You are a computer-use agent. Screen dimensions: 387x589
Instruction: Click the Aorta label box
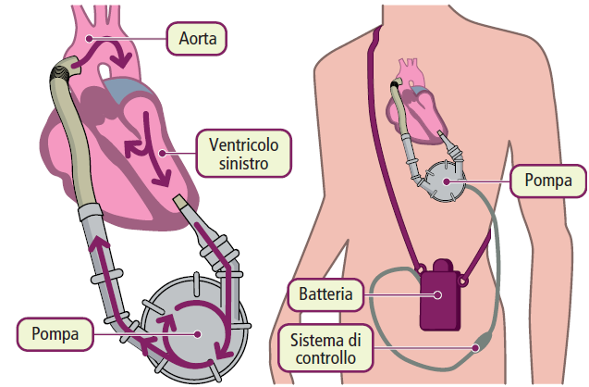pos(197,38)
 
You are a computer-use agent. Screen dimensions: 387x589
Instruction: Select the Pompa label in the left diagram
pos(54,330)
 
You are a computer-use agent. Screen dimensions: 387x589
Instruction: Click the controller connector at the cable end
pos(477,347)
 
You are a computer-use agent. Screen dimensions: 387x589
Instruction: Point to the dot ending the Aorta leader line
pos(89,38)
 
